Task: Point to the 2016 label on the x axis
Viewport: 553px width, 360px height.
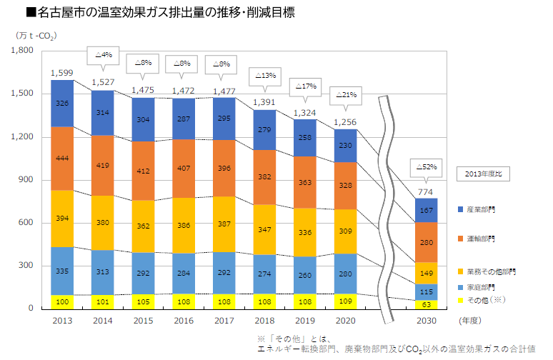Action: (184, 321)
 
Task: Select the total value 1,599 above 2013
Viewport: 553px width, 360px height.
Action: (62, 73)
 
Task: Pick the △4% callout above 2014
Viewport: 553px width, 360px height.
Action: (103, 54)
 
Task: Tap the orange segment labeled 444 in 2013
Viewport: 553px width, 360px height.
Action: (62, 158)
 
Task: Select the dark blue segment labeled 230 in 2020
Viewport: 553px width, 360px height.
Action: (347, 146)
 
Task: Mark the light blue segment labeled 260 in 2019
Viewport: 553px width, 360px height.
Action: (306, 275)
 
